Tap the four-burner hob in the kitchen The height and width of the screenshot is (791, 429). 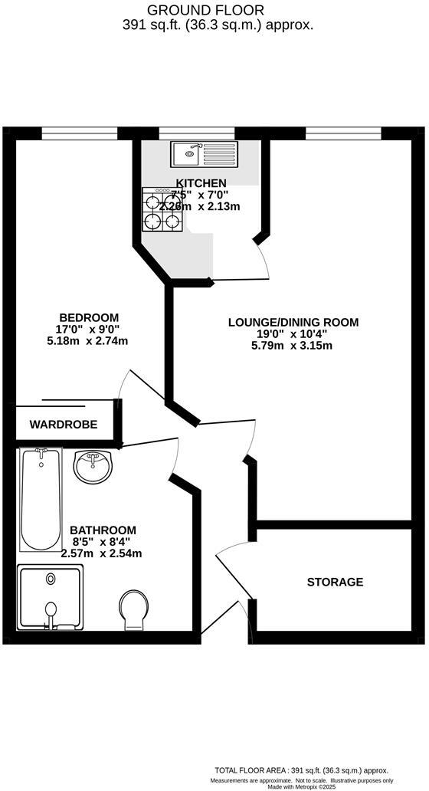tap(162, 211)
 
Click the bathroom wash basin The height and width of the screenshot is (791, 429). tap(93, 466)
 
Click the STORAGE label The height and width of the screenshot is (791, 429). tap(335, 583)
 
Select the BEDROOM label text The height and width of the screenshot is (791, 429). tap(89, 317)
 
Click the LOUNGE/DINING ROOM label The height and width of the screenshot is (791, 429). tap(293, 322)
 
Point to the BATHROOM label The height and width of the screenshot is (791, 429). tap(103, 530)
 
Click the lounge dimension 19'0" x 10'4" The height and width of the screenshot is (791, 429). tap(293, 334)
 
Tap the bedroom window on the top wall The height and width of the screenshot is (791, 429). tap(80, 134)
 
